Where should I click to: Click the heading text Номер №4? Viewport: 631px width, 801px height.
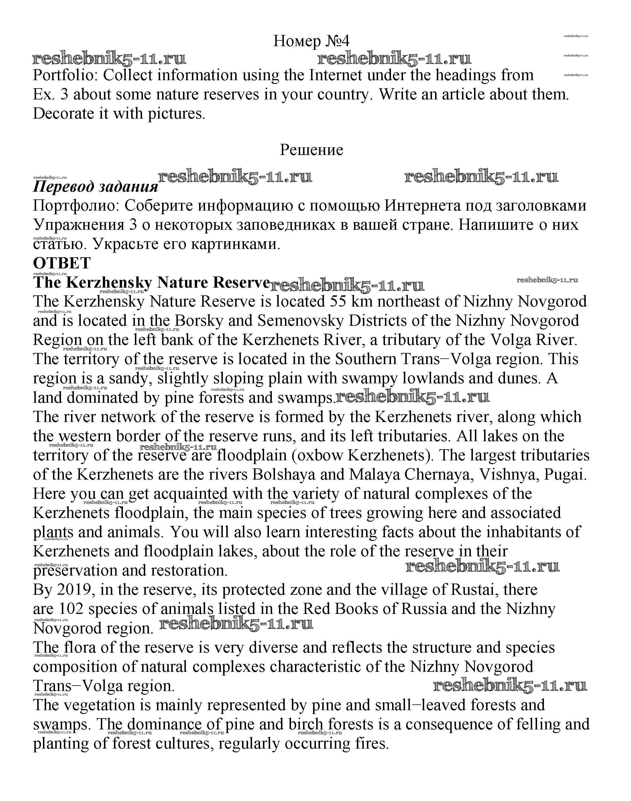coord(311,41)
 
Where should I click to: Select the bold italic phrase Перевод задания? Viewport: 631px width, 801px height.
coord(95,187)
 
